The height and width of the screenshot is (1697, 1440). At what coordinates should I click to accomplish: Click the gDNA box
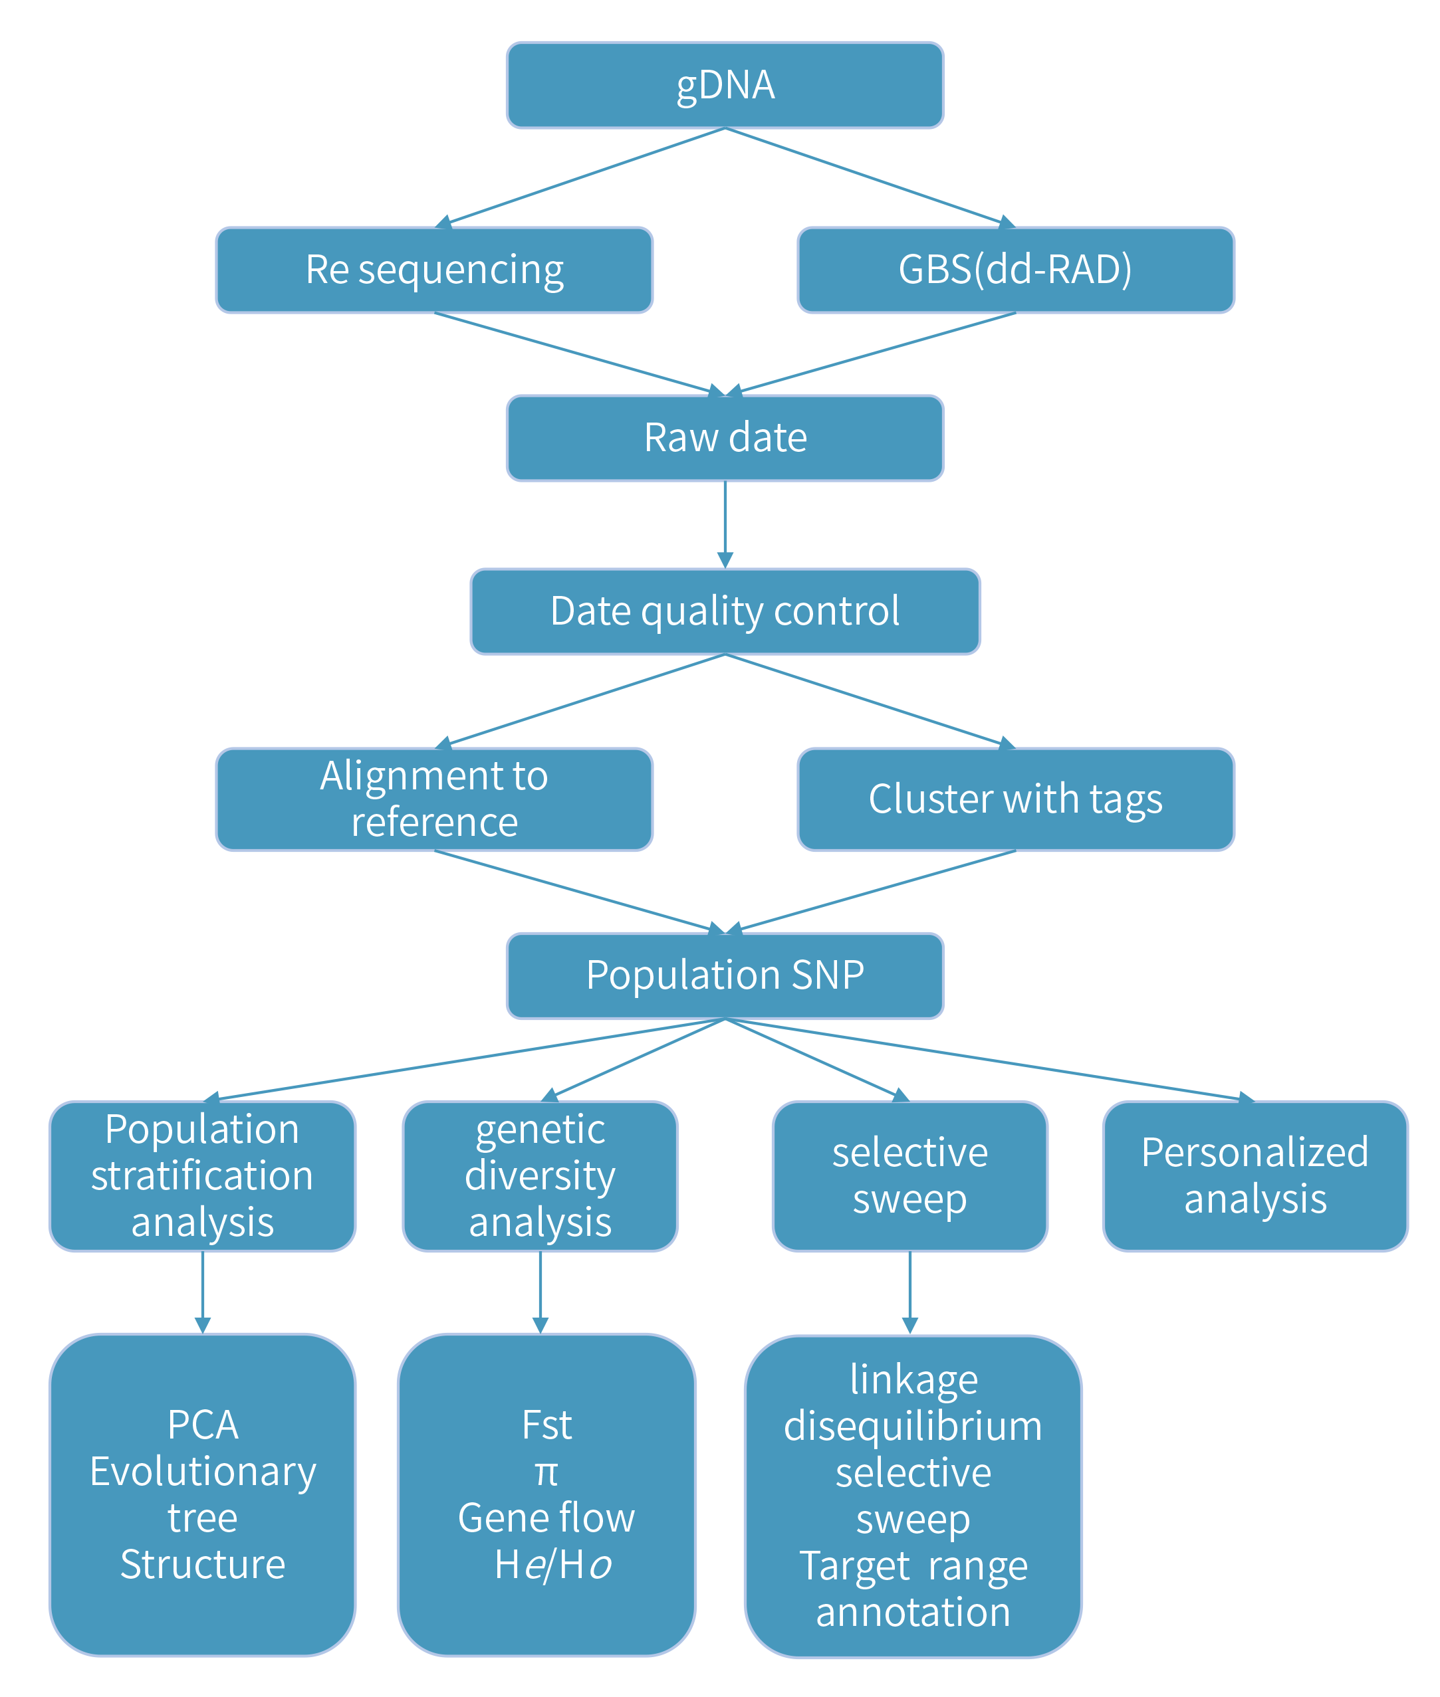pyautogui.click(x=725, y=86)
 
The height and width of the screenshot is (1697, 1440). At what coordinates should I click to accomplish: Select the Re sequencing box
pyautogui.click(x=434, y=270)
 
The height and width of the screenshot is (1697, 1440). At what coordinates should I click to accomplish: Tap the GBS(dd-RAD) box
pyautogui.click(x=1015, y=270)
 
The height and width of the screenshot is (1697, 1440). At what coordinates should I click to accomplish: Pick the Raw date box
pyautogui.click(x=725, y=438)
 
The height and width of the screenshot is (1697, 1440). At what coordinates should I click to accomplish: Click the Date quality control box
pyautogui.click(x=725, y=611)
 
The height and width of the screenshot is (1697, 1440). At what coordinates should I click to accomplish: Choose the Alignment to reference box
pyautogui.click(x=434, y=799)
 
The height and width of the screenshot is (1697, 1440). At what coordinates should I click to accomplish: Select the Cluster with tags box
pyautogui.click(x=1015, y=799)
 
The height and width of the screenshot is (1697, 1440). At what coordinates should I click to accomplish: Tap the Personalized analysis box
pyautogui.click(x=1255, y=1175)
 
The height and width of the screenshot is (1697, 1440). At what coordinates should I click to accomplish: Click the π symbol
pyautogui.click(x=546, y=1472)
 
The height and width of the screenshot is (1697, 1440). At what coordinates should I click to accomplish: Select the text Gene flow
pyautogui.click(x=546, y=1518)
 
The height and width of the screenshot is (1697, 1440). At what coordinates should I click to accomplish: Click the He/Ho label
pyautogui.click(x=552, y=1565)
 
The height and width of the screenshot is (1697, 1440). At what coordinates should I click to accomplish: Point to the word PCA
pyautogui.click(x=203, y=1425)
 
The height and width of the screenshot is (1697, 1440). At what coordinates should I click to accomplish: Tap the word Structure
pyautogui.click(x=203, y=1565)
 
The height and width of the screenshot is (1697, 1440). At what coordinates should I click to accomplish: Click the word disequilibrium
pyautogui.click(x=913, y=1426)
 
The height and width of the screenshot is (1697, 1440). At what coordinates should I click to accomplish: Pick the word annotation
pyautogui.click(x=913, y=1612)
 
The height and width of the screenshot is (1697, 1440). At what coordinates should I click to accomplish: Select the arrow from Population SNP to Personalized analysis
pyautogui.click(x=988, y=1059)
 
